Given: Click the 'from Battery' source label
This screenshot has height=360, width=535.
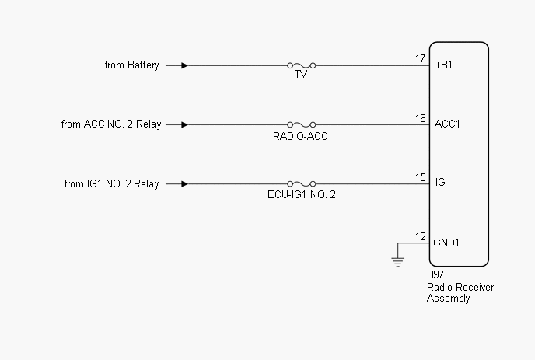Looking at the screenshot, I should (131, 65).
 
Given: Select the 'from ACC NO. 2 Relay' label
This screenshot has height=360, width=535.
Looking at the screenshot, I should (111, 124).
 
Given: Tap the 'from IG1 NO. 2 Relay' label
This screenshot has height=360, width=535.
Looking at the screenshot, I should (111, 184).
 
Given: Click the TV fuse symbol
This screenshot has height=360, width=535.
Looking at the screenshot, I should (301, 65).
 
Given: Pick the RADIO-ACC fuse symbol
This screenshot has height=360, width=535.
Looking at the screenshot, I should (301, 124).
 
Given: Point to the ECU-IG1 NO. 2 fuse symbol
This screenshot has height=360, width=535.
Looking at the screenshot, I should (301, 184).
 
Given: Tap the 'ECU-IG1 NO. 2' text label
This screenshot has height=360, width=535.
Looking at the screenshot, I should (301, 194).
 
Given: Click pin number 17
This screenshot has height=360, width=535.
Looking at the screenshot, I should (420, 59).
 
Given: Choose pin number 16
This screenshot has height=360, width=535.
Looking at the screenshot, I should (420, 118).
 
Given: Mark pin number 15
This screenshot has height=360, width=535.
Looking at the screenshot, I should (420, 178).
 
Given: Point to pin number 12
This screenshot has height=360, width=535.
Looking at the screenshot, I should (420, 237).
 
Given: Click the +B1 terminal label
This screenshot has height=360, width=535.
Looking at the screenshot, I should (444, 65).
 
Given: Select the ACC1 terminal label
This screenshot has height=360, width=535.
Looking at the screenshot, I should (447, 124).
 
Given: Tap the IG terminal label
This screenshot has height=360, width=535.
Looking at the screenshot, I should (440, 184).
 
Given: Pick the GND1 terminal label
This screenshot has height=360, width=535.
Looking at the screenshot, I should (447, 243).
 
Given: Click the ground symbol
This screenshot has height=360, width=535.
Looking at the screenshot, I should (398, 262).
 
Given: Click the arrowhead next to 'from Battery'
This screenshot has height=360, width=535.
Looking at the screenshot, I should (184, 65).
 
